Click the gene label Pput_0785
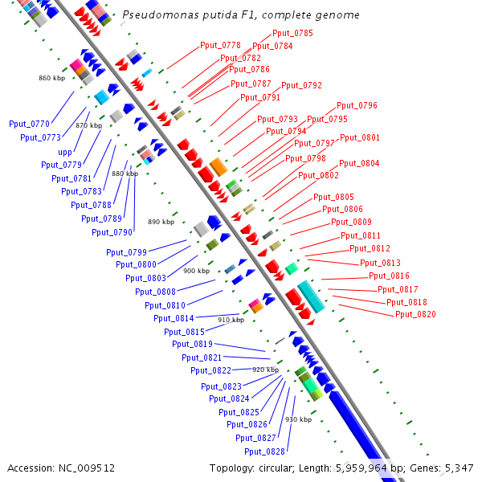[x=292, y=33]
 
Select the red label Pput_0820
[x=415, y=314]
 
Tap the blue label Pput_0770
[x=29, y=124]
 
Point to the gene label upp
[x=64, y=151]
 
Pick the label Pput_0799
[x=126, y=252]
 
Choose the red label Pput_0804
[x=359, y=163]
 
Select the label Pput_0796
[x=357, y=105]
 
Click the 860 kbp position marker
[x=51, y=78]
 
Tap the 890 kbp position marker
[x=161, y=222]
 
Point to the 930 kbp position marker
[x=298, y=419]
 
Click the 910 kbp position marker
[x=231, y=320]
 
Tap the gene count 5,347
[x=458, y=468]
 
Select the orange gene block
[x=218, y=167]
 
